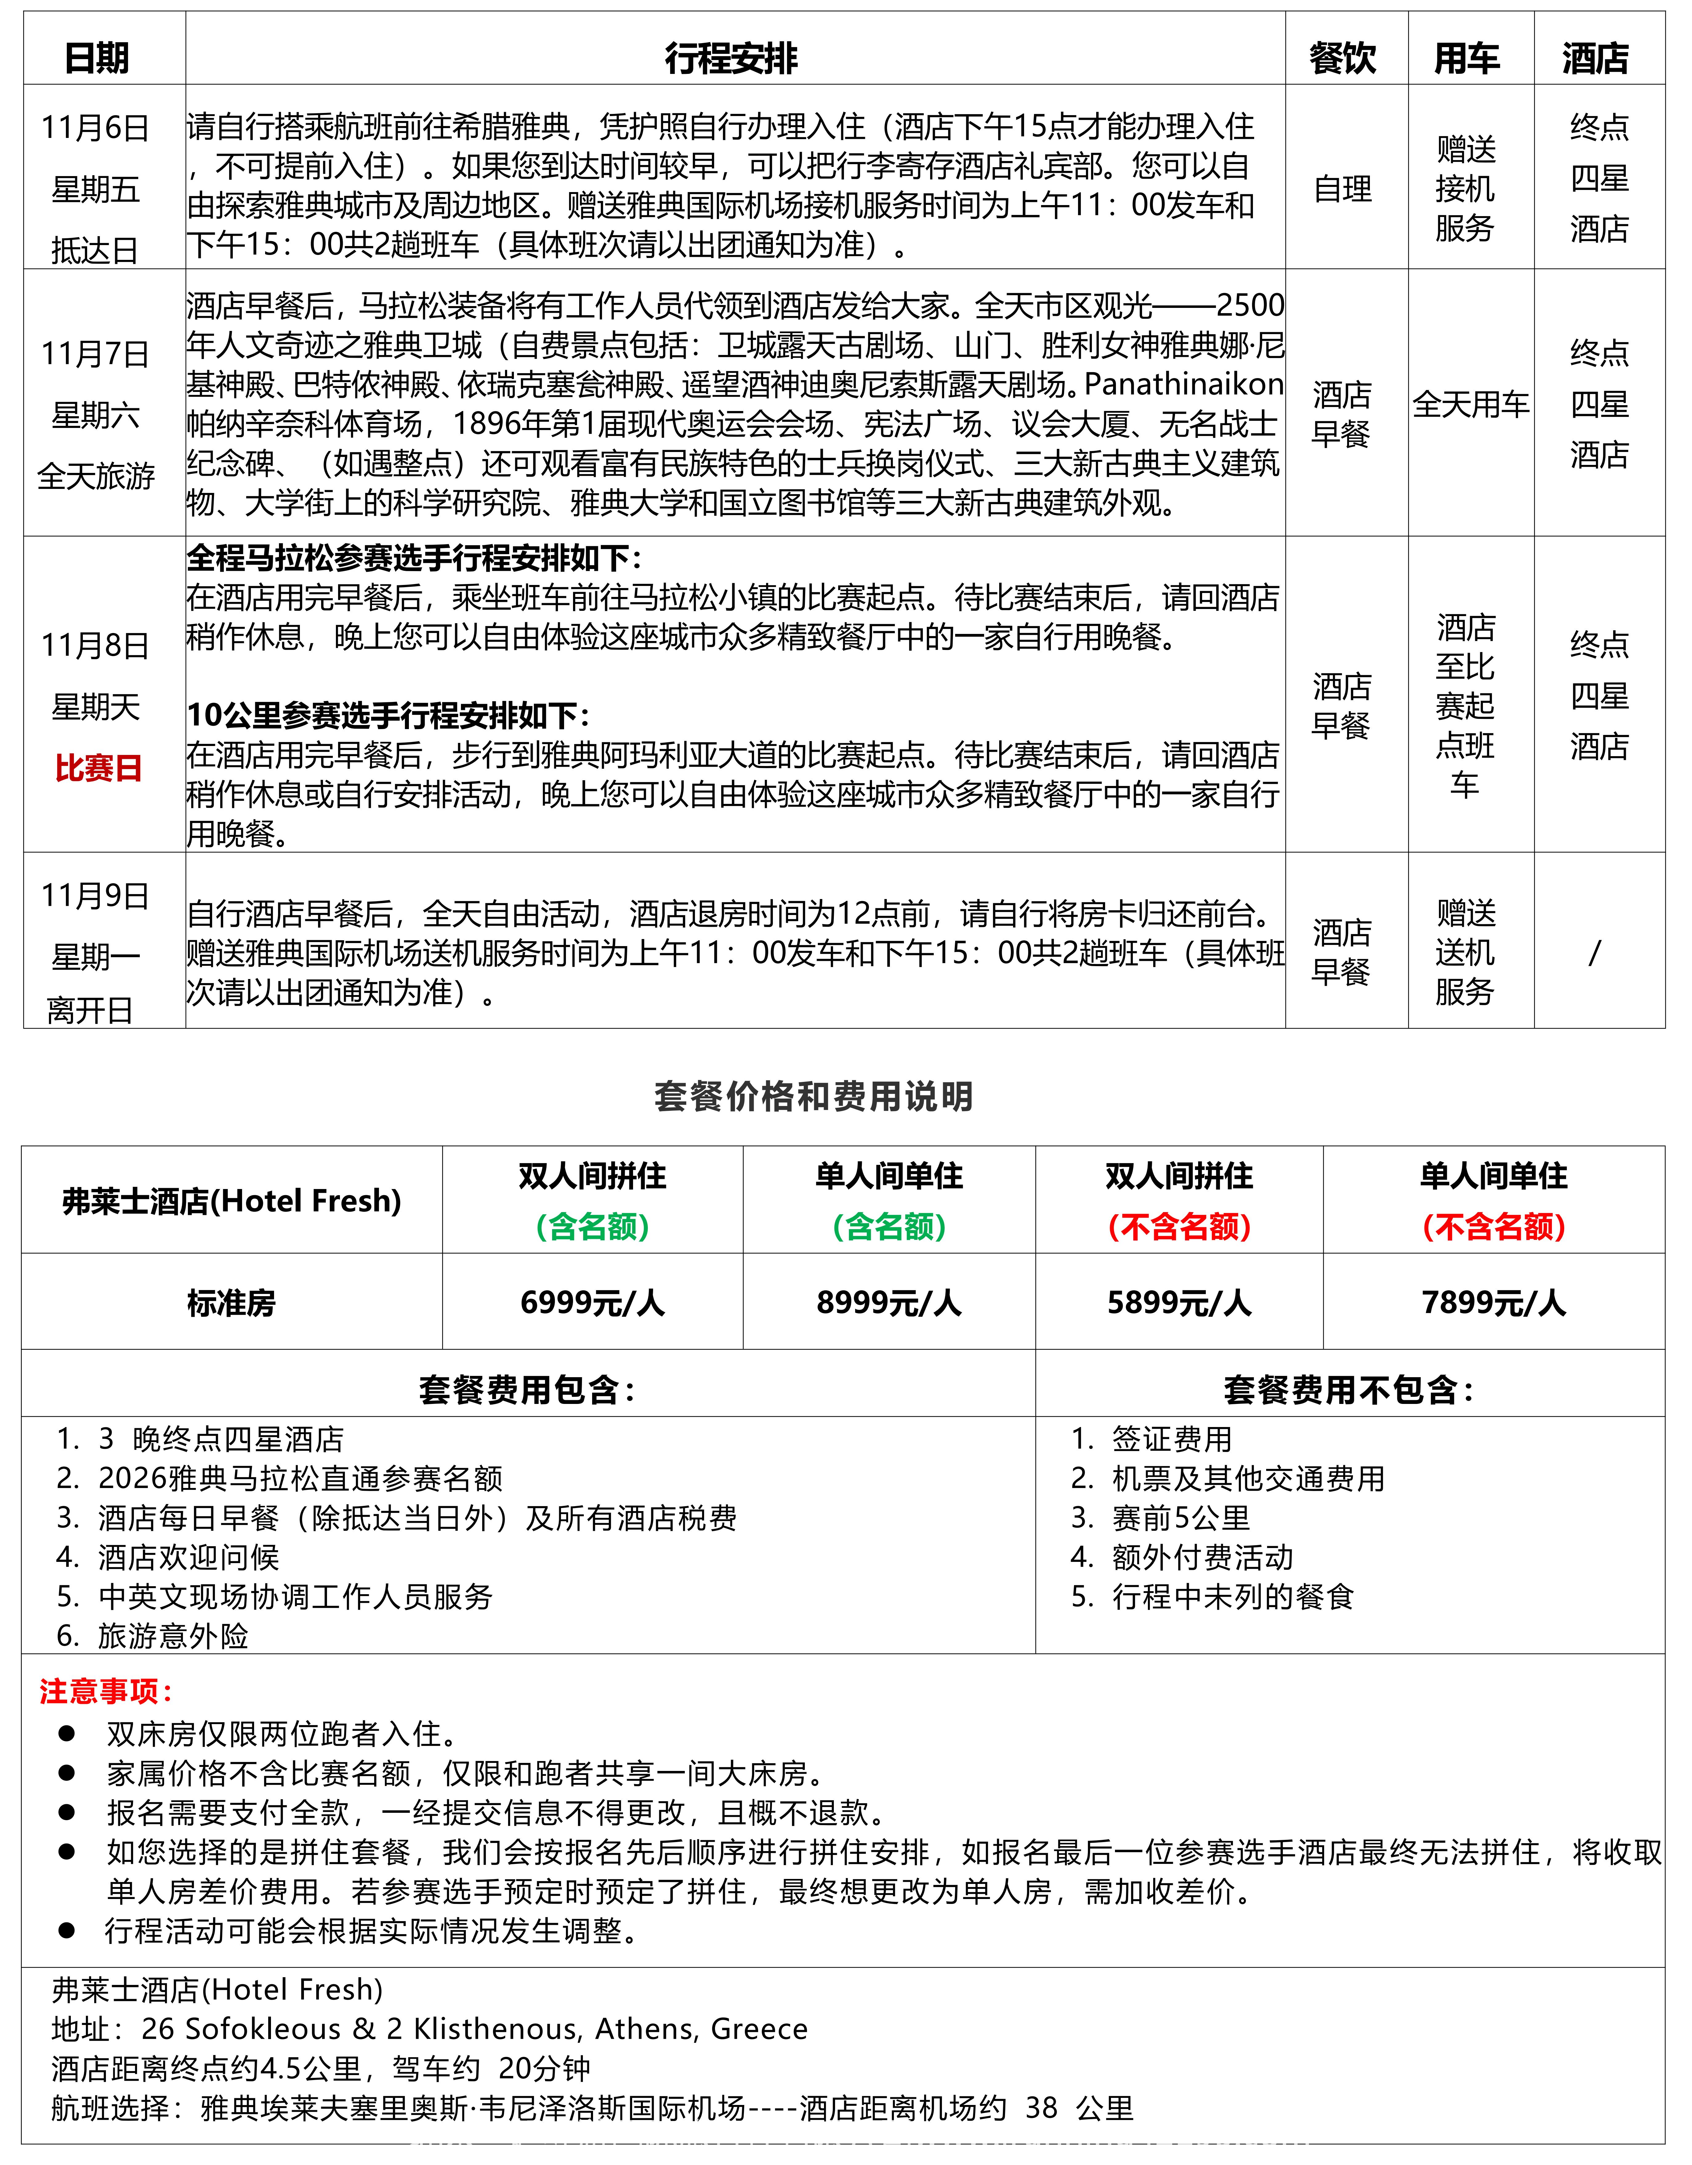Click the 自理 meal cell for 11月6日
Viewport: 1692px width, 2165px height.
coord(1343,188)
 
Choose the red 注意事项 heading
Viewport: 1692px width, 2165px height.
coord(105,1691)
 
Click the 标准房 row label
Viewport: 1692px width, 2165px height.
coord(231,1303)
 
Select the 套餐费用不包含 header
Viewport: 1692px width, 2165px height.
coord(1348,1390)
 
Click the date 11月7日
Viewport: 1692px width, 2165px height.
coord(95,353)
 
